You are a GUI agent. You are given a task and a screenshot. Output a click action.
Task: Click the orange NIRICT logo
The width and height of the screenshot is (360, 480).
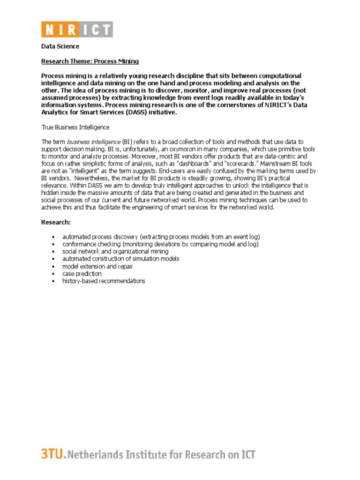pos(77,30)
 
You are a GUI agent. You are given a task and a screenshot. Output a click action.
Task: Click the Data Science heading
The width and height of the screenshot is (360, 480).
pos(60,46)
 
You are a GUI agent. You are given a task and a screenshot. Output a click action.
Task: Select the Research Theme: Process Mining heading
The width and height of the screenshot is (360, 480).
pos(90,61)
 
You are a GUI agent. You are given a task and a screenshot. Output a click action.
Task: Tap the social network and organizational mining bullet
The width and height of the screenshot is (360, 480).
pos(115,252)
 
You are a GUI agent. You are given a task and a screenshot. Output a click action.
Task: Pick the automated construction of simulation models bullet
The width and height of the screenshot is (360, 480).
pos(120,259)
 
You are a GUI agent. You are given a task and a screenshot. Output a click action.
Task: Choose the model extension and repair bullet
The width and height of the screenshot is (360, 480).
pos(97,266)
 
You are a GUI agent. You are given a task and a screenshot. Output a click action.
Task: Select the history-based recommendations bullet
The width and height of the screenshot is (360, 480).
pos(104,281)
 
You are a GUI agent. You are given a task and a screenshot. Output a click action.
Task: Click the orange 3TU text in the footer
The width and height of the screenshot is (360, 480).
pos(50,454)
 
